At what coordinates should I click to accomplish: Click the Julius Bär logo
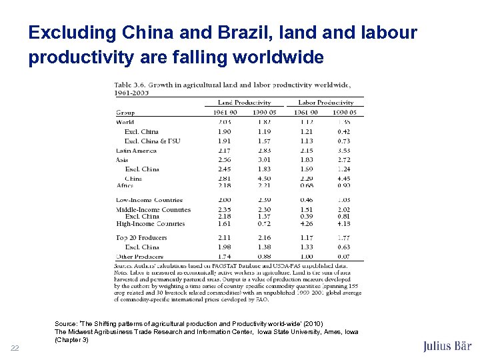tap(447, 346)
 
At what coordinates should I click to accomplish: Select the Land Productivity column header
tap(244, 103)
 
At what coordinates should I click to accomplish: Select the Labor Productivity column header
tap(325, 103)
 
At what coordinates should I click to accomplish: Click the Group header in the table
tap(125, 113)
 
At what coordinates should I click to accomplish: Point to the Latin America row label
tap(136, 151)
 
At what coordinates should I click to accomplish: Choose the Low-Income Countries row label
tap(149, 200)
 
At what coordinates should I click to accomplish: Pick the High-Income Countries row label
tap(150, 224)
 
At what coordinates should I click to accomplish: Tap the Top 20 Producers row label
tap(141, 238)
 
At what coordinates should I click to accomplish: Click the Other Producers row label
tap(140, 257)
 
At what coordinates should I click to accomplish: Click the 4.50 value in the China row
tap(265, 179)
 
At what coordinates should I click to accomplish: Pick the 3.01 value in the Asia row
tap(265, 160)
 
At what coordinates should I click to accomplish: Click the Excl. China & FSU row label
tap(151, 141)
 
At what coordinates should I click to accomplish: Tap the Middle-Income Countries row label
tap(153, 209)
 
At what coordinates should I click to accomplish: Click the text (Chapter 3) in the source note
tap(71, 340)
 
